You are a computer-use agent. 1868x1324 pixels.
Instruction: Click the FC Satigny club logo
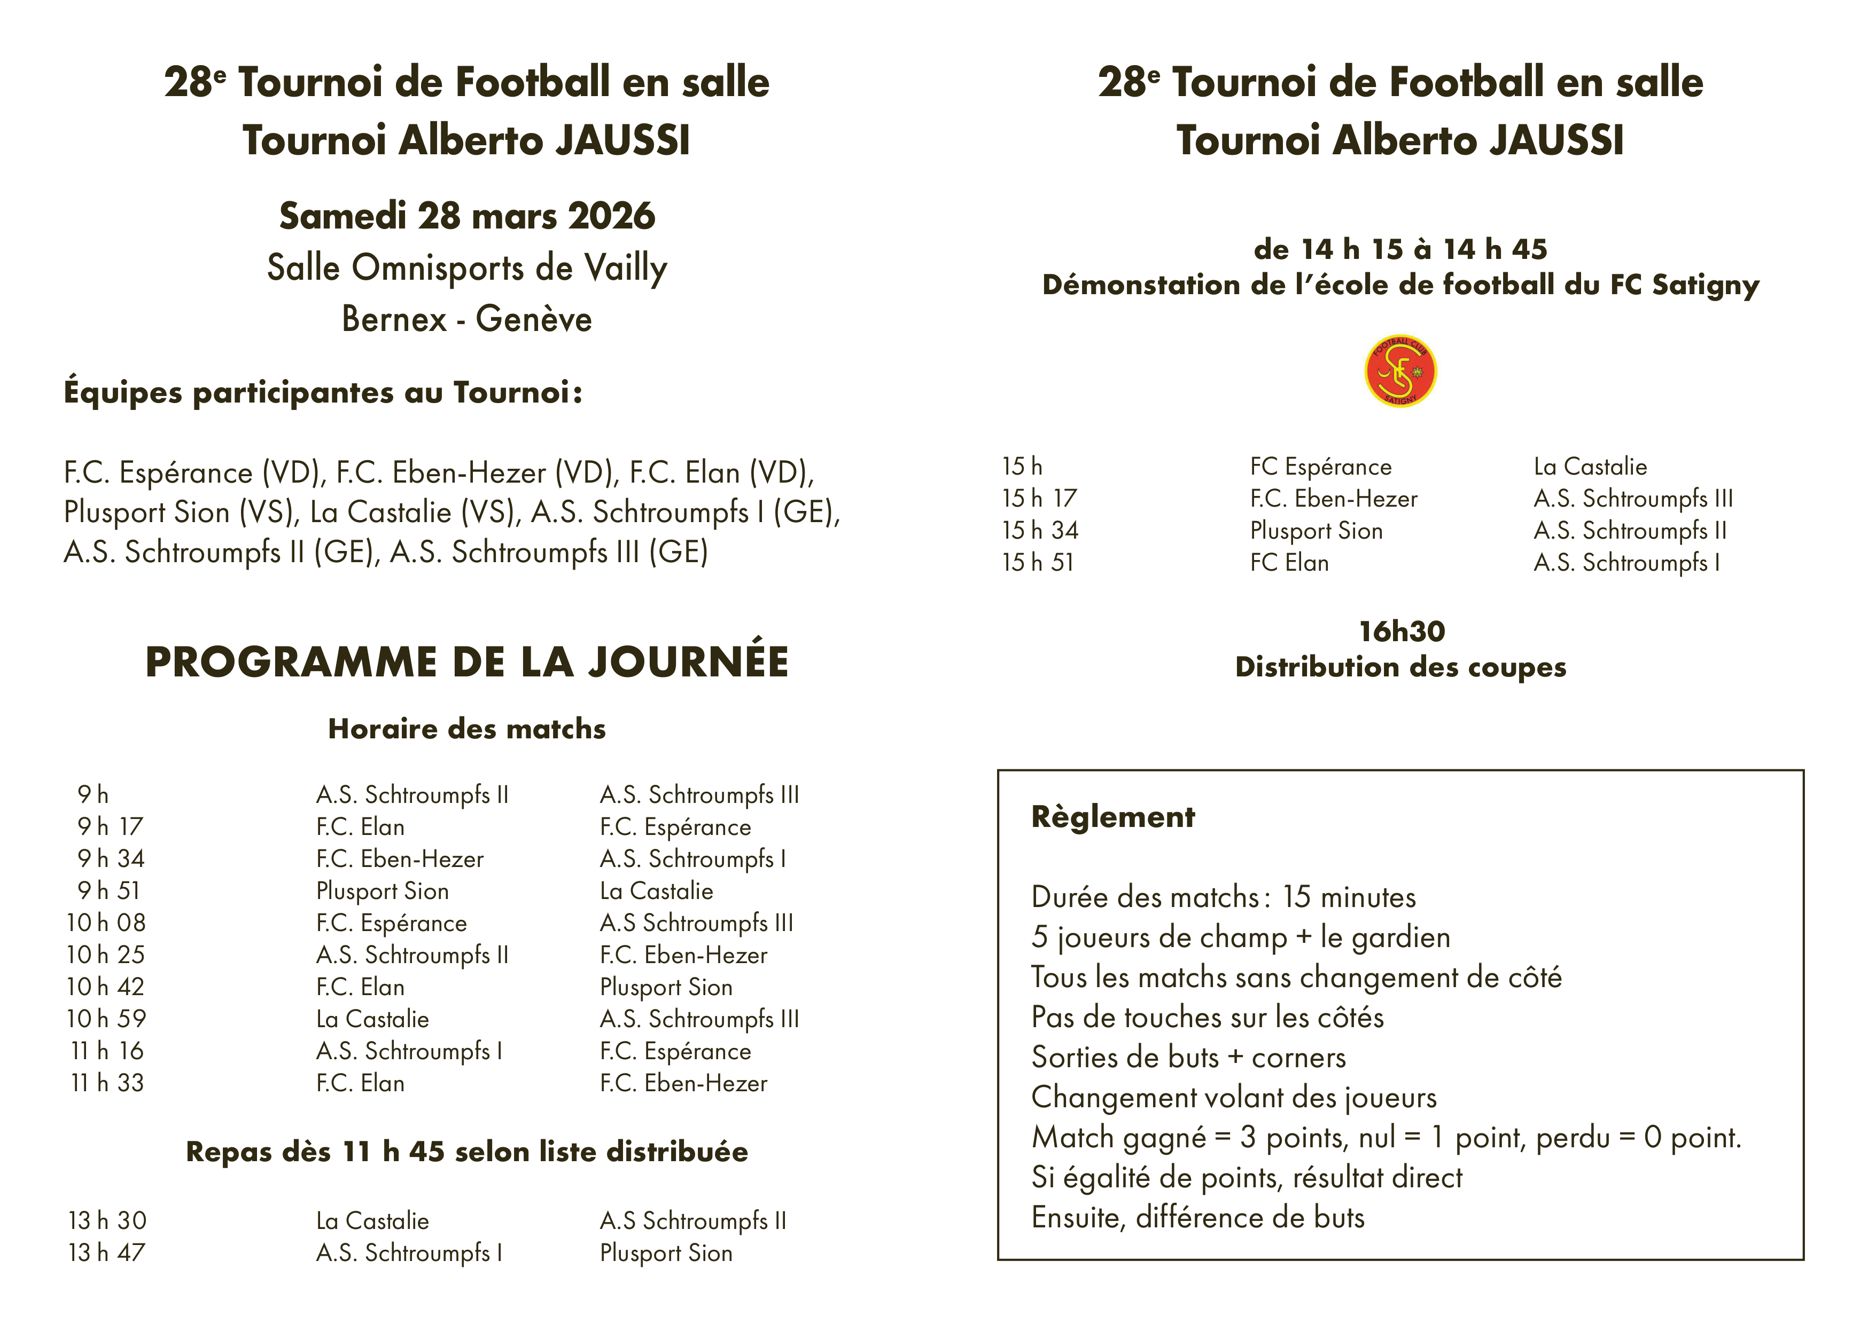coord(1400,371)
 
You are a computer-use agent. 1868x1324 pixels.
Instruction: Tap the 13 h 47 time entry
coord(107,1252)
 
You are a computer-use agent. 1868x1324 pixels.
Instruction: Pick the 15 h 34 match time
coord(1040,531)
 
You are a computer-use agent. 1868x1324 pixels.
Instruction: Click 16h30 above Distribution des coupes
coord(1402,632)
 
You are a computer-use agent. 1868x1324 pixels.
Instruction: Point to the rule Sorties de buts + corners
coord(1188,1058)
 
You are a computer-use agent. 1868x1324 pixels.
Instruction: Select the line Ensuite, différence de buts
coord(1197,1217)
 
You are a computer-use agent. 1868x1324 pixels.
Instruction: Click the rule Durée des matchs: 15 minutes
coord(1224,897)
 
